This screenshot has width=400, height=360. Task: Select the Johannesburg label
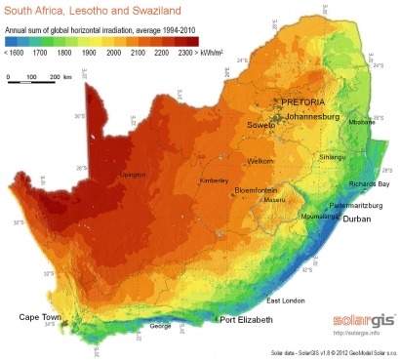coord(318,116)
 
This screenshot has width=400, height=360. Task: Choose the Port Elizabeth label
coord(247,319)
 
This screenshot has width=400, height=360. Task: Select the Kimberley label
coord(215,181)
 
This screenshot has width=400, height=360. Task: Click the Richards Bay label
coord(369,183)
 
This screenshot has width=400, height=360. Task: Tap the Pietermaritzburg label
coord(359,207)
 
